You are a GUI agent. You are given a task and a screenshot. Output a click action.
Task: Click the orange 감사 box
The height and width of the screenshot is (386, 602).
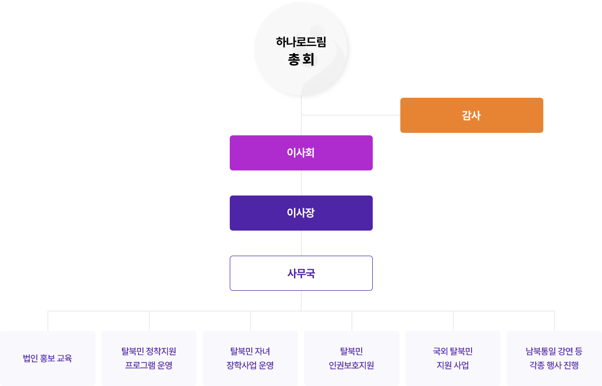[471, 115]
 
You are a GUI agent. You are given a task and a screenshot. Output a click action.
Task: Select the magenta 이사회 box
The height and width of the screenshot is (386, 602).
[301, 152]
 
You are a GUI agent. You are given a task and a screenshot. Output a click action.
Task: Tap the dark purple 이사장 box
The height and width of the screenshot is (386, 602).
[301, 213]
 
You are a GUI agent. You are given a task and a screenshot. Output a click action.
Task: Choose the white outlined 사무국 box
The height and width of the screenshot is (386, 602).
[301, 273]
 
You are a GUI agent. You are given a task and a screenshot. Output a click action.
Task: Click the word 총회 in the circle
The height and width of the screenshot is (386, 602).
[301, 60]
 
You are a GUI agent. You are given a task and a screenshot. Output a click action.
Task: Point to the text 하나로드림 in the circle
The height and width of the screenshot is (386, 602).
[301, 42]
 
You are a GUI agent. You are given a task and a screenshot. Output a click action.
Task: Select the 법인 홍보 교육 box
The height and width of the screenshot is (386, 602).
[48, 358]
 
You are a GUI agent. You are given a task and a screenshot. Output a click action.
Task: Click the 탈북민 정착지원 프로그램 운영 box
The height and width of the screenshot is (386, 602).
[148, 358]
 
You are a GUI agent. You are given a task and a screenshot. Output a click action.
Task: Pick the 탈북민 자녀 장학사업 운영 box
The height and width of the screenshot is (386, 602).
[250, 358]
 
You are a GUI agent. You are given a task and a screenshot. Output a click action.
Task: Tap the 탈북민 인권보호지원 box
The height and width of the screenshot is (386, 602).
[351, 358]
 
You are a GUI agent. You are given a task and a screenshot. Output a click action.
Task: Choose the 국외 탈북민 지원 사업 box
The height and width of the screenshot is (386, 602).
[453, 358]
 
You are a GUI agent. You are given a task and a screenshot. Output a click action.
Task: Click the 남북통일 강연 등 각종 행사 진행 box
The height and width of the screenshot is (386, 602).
[554, 358]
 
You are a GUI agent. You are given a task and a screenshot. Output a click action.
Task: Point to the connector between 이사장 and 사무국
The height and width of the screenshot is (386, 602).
[301, 243]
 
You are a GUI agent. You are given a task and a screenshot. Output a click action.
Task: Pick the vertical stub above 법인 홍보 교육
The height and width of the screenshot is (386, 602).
[48, 320]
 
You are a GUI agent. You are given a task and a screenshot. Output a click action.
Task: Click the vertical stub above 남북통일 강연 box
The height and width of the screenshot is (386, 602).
[554, 320]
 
